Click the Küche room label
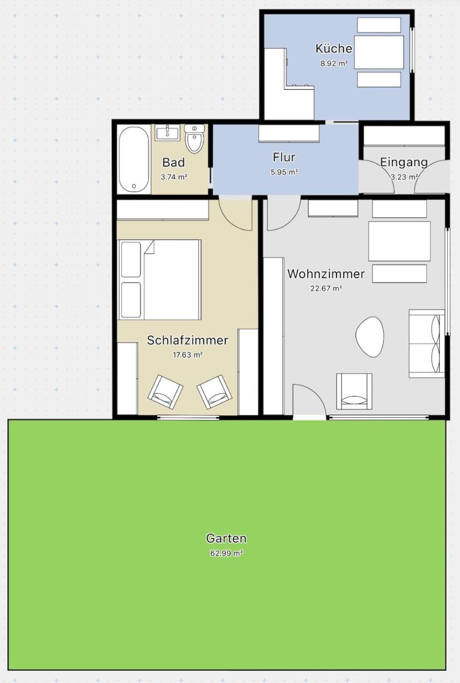click(334, 49)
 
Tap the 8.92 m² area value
click(334, 64)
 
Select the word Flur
click(284, 157)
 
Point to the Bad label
click(174, 162)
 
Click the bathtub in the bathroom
click(134, 159)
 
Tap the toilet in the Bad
click(195, 139)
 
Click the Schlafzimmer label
click(187, 341)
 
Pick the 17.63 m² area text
click(188, 355)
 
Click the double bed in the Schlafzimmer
click(160, 280)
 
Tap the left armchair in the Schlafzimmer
click(165, 392)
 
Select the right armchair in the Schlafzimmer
click(215, 392)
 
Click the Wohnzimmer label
click(326, 274)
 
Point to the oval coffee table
click(370, 337)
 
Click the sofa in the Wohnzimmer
click(427, 343)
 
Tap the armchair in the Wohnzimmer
click(354, 391)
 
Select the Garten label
click(226, 547)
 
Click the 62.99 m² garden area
click(226, 562)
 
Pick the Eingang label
click(404, 162)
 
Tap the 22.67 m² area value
click(326, 288)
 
